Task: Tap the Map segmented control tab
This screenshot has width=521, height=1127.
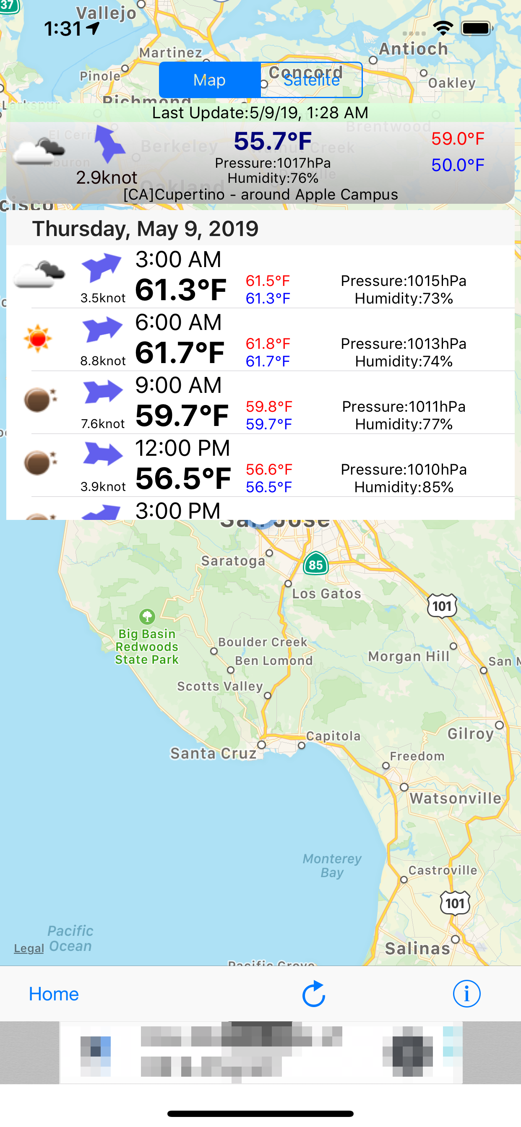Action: tap(209, 80)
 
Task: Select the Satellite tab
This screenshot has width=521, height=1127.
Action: tap(311, 80)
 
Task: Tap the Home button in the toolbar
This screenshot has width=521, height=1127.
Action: tap(53, 994)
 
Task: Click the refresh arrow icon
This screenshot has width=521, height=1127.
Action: tap(313, 994)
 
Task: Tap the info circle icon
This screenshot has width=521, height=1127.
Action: tap(466, 994)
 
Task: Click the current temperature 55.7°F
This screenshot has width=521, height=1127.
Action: tap(272, 141)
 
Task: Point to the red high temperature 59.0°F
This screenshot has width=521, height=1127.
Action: tap(458, 139)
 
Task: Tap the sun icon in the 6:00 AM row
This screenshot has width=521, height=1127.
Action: tap(38, 338)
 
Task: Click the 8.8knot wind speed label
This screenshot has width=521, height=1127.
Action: tap(103, 361)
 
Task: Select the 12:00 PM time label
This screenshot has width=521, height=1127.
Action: tap(182, 448)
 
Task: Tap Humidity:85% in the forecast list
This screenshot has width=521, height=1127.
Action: tap(404, 487)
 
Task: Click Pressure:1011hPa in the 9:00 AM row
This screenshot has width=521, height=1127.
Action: tap(404, 406)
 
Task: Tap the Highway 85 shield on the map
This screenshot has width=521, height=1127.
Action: tap(316, 564)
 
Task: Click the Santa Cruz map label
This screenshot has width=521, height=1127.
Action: tap(213, 753)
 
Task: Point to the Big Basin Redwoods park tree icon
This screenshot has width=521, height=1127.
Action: tap(147, 616)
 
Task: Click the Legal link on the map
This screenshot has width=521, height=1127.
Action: tap(29, 948)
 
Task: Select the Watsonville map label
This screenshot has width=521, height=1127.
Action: tap(455, 798)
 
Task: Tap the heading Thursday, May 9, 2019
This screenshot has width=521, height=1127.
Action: tap(146, 229)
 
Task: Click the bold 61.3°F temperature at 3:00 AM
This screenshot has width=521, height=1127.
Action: tap(181, 290)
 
